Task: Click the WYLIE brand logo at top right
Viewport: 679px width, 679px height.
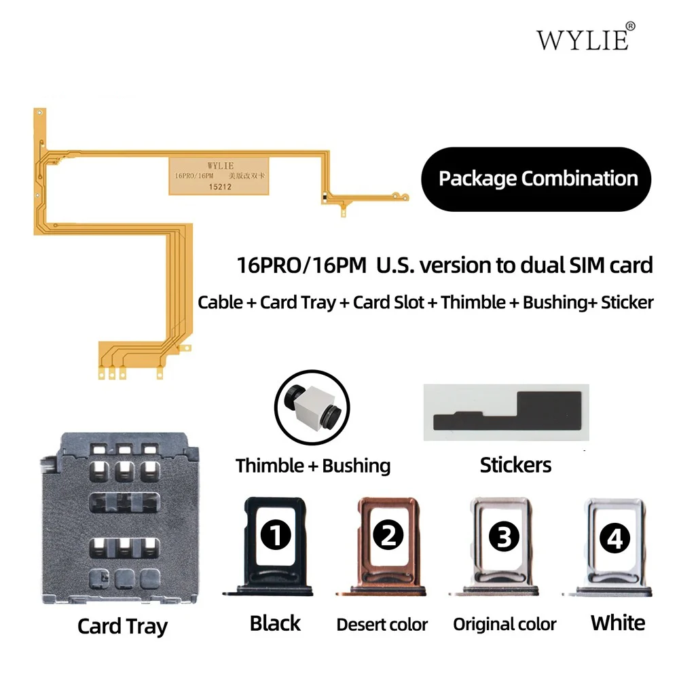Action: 583,39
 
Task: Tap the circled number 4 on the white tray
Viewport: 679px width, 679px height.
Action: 614,538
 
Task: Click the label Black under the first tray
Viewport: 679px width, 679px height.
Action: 276,623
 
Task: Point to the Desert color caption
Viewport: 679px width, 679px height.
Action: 382,624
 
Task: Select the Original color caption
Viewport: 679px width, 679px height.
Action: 504,624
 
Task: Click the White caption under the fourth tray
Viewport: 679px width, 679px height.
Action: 617,622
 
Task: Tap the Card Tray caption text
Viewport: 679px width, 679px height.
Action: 122,625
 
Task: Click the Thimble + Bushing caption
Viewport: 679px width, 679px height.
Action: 313,466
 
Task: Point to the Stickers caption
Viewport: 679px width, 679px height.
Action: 515,465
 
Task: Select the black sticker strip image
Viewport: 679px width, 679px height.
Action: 504,411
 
